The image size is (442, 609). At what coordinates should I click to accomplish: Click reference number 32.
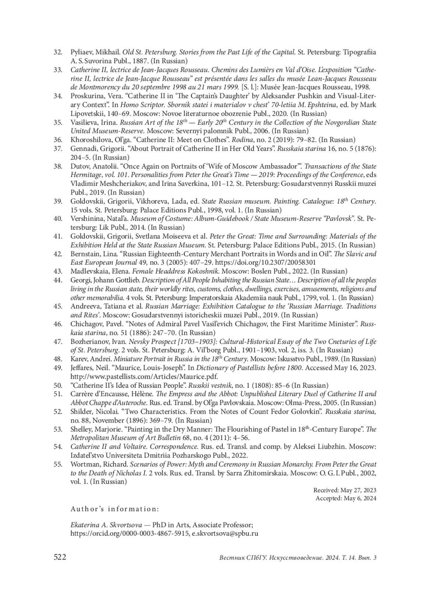coord(58,52)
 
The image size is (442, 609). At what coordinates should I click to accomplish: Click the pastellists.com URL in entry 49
coord(144,376)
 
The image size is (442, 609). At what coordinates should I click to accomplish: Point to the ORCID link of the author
coord(130,533)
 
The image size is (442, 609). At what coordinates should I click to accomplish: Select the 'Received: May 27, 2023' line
coord(345,490)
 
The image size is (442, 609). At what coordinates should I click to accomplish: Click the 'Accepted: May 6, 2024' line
coord(346,498)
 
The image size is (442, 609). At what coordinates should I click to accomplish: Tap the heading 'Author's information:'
coord(115,509)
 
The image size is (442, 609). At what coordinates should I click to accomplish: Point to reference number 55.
coord(58,464)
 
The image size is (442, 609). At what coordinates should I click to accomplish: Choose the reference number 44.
coord(58,280)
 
